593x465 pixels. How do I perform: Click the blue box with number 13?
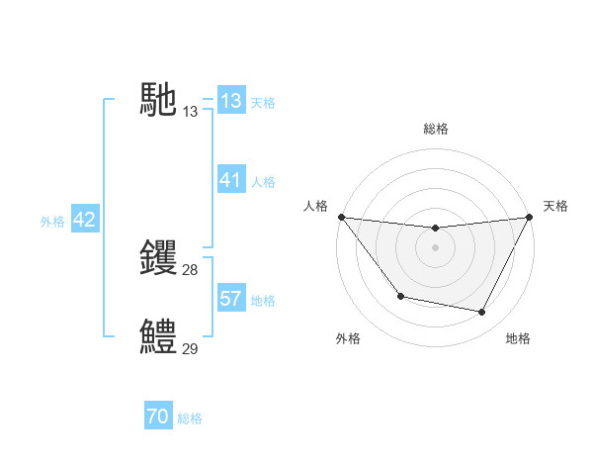231,101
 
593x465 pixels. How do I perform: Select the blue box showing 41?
231,180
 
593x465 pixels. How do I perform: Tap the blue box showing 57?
231,299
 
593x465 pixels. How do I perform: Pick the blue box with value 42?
84,220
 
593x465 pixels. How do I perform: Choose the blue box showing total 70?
158,417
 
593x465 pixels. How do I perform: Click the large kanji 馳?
158,100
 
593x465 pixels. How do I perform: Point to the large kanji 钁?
158,258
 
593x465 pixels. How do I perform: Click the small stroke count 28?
191,270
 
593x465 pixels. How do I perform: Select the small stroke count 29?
191,349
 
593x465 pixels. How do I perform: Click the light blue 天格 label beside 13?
263,102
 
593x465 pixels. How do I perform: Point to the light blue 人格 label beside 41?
263,182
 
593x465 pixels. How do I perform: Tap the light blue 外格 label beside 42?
52,222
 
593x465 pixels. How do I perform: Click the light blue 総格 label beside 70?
190,418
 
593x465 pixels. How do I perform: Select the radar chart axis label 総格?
435,129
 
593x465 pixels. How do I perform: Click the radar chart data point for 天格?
529,217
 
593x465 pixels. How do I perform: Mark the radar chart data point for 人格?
341,217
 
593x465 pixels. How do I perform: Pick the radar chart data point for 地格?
482,313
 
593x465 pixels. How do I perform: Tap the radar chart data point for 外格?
400,296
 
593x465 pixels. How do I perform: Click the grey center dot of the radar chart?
435,247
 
